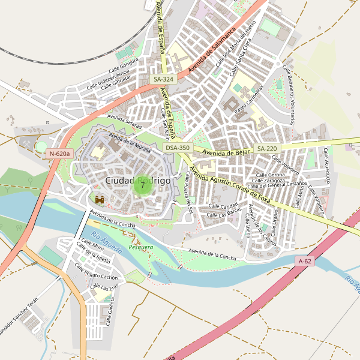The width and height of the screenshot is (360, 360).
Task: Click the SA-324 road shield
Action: (x=163, y=79)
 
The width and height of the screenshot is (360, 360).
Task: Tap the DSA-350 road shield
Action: (x=178, y=148)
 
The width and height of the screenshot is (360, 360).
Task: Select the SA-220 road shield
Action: (x=267, y=148)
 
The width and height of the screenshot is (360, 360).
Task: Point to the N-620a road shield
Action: (x=59, y=154)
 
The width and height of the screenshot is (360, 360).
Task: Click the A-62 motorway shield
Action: (x=305, y=261)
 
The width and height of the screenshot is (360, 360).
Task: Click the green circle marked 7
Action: (x=142, y=185)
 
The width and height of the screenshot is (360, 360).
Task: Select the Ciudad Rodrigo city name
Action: (x=137, y=180)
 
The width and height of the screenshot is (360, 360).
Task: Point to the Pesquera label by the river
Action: (x=141, y=247)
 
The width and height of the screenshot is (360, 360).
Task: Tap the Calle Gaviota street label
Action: (x=111, y=312)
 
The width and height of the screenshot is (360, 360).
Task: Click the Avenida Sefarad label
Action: (x=124, y=121)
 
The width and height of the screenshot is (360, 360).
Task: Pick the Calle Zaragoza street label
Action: (x=268, y=180)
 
